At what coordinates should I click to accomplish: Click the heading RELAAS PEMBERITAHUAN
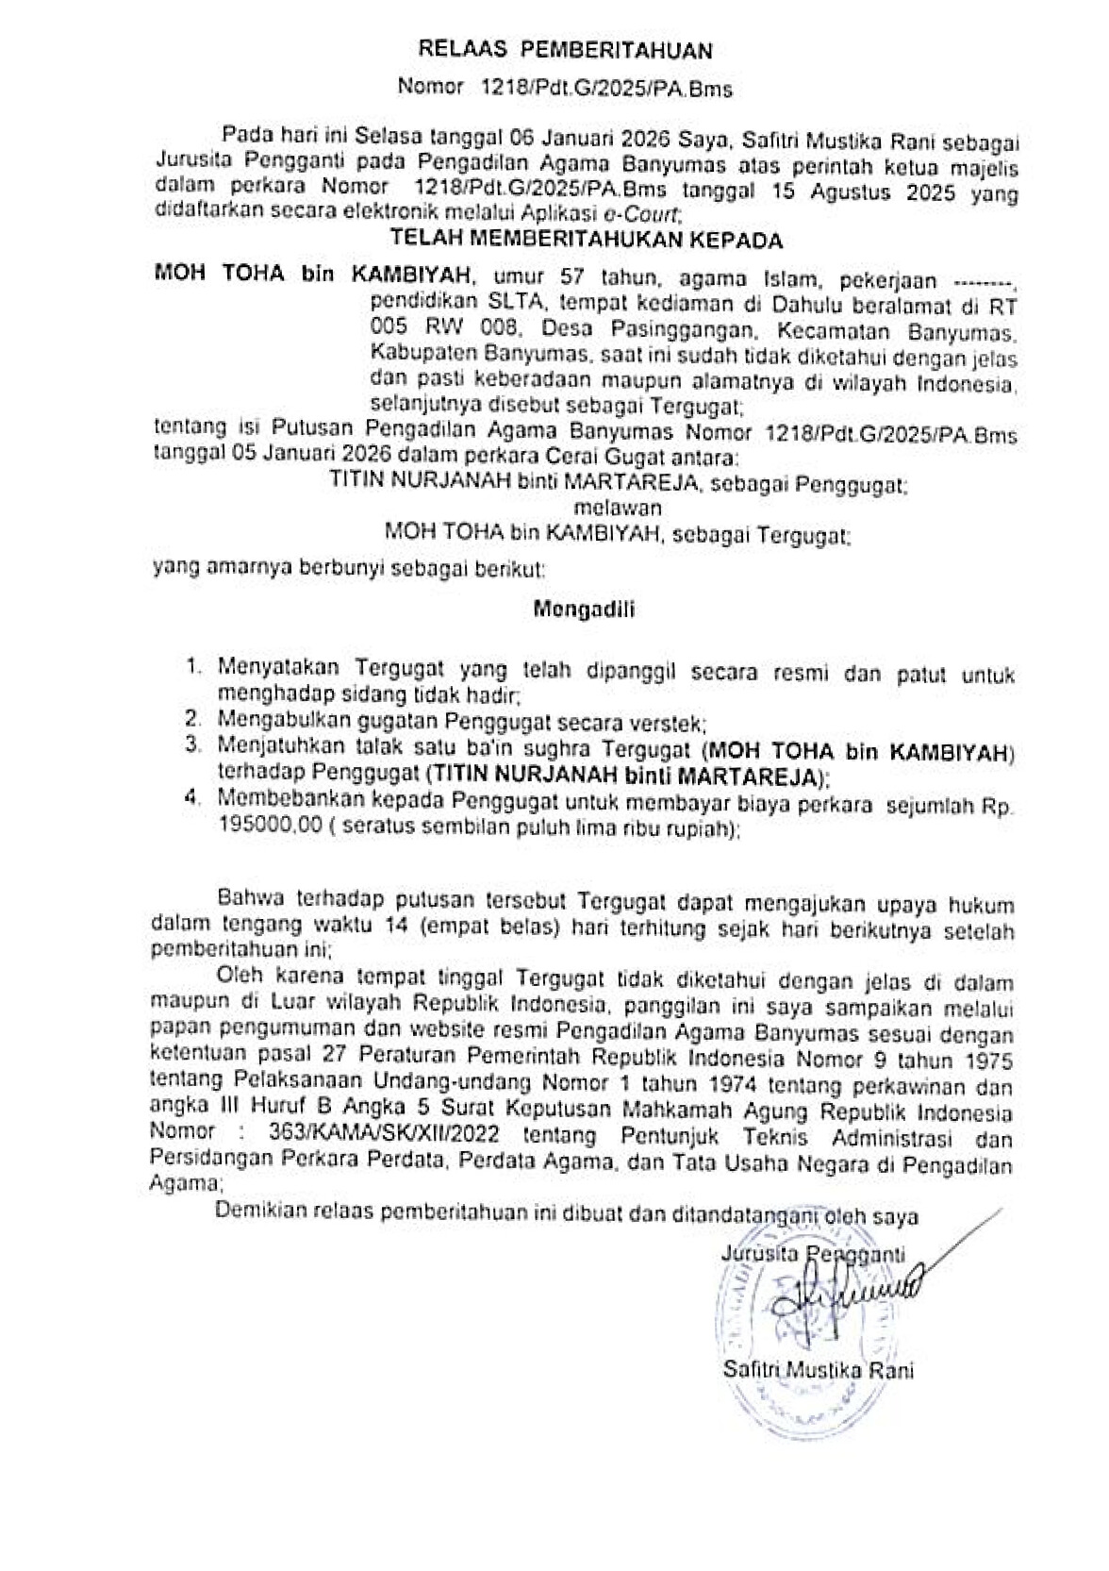(x=565, y=50)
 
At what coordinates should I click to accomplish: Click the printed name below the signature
(x=818, y=1370)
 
